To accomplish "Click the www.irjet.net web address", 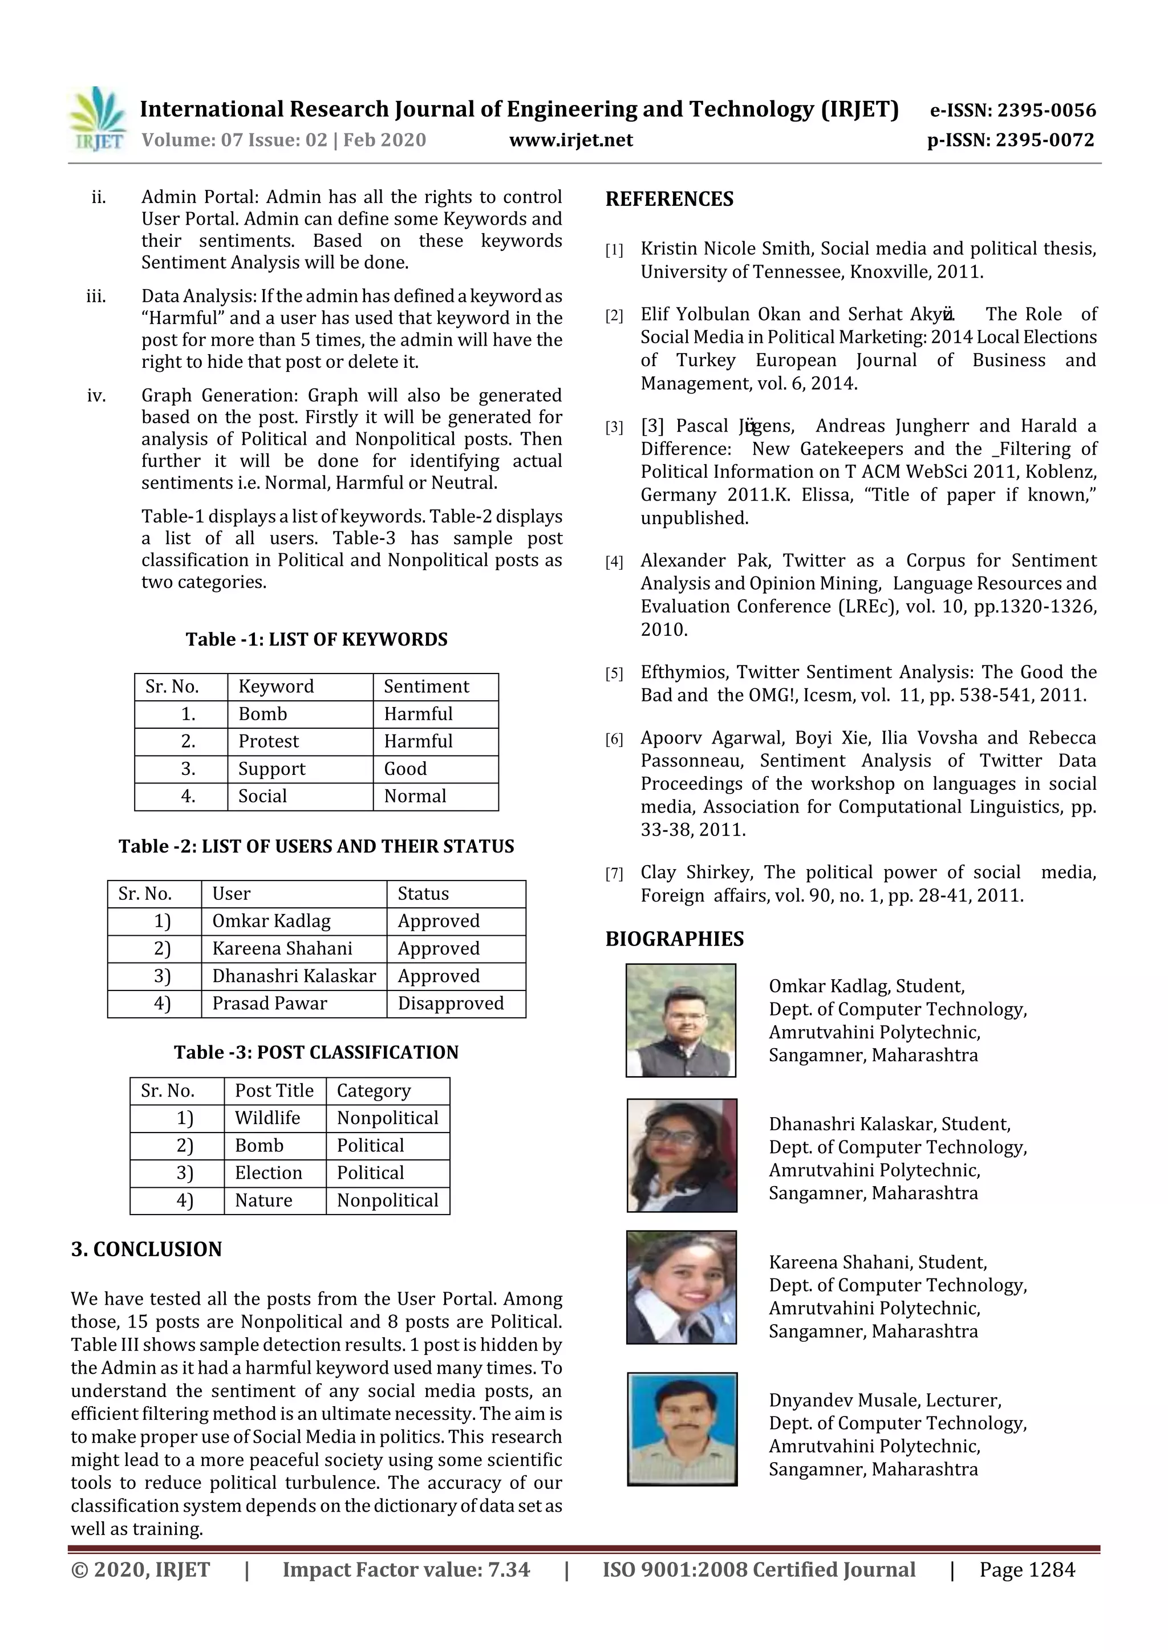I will point(571,140).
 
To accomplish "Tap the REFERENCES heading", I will point(670,200).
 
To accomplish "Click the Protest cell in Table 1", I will point(269,741).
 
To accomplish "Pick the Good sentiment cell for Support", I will point(405,769).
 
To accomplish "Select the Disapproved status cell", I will point(451,1003).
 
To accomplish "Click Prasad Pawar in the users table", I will point(269,1003).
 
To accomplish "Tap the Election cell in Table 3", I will point(269,1173).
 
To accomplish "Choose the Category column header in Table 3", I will point(374,1091).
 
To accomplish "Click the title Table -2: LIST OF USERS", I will point(316,846).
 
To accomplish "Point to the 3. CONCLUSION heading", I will point(146,1249).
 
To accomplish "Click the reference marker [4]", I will point(614,562).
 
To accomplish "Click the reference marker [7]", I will point(614,874).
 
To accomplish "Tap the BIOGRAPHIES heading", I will point(674,939).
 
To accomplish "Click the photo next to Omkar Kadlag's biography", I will point(681,1020).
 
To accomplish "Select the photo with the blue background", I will point(682,1428).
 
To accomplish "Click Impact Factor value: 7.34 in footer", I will point(406,1570).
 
